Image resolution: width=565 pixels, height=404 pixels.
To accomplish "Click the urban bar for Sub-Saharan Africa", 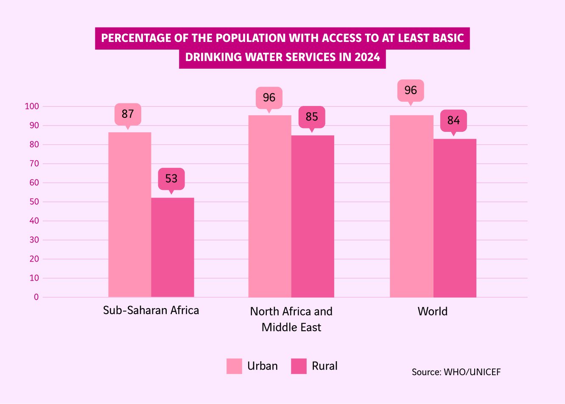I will [130, 215].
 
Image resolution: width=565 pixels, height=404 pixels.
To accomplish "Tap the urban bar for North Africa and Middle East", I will [270, 206].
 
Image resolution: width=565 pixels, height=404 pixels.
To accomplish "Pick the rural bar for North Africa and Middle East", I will [313, 216].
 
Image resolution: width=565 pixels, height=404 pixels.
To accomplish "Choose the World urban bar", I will [411, 206].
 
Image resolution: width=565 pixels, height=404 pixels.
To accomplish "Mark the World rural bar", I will [455, 218].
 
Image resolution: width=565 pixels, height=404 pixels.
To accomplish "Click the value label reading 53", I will [171, 178].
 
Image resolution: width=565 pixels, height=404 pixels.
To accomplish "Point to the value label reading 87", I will [128, 114].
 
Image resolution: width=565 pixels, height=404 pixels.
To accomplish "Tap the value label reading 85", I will [312, 117].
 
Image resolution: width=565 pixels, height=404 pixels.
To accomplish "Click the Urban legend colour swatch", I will [234, 366].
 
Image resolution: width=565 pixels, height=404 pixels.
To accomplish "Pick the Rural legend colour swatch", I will [299, 366].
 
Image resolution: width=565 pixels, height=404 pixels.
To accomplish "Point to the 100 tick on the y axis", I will [32, 106].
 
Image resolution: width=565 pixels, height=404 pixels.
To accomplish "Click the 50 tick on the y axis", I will [34, 202].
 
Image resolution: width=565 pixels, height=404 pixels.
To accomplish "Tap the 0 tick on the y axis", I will [36, 297].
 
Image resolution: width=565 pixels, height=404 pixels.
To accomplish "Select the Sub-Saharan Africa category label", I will [151, 310].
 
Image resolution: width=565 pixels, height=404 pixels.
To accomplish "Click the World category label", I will [433, 312].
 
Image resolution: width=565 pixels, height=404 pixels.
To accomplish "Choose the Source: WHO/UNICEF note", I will [456, 372].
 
